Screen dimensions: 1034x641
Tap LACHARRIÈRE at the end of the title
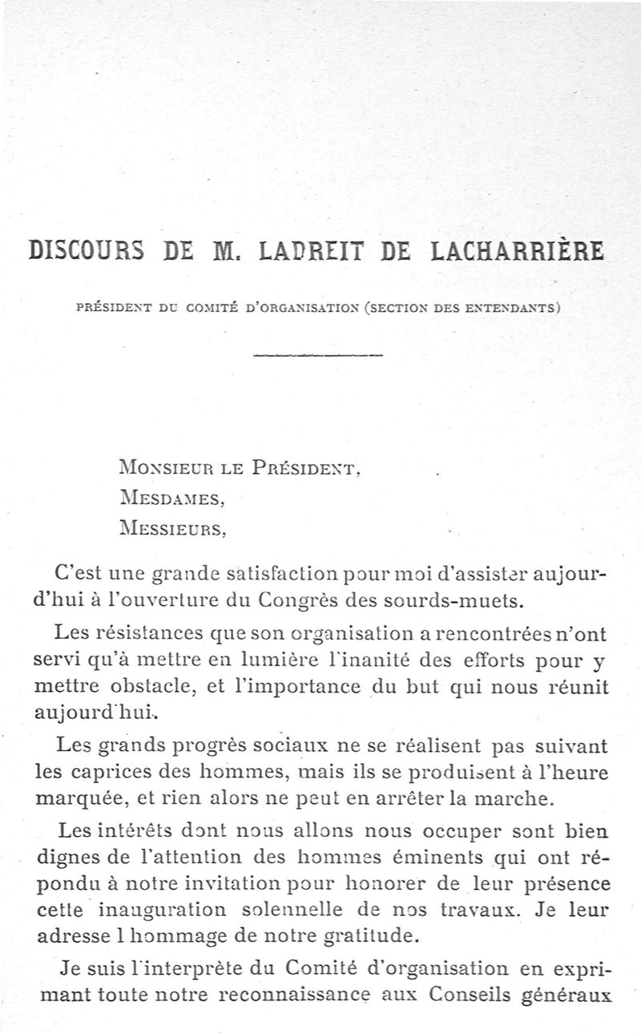click(518, 252)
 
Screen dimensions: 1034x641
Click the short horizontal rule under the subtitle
click(318, 355)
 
